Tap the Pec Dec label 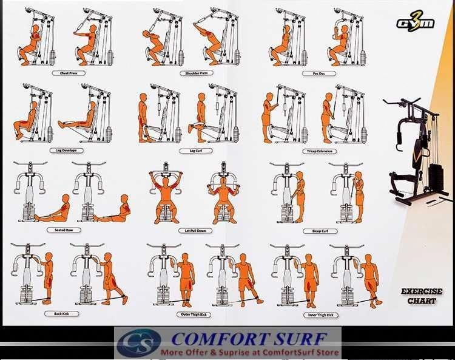pyautogui.click(x=318, y=73)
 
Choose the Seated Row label pyautogui.click(x=64, y=230)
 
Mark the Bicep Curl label pyautogui.click(x=318, y=231)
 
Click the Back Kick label pyautogui.click(x=62, y=314)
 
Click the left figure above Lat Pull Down pyautogui.click(x=166, y=197)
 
